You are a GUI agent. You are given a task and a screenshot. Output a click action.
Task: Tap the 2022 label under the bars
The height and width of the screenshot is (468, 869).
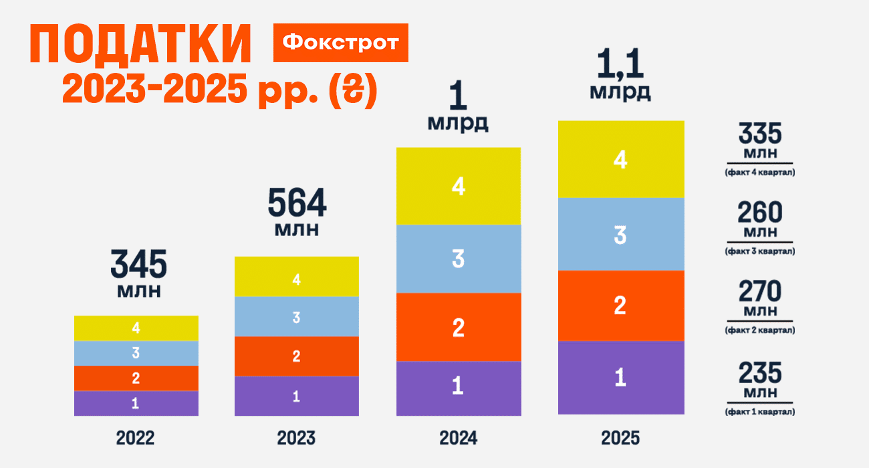point(136,439)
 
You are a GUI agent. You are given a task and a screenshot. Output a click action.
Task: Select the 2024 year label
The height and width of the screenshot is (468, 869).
point(458,439)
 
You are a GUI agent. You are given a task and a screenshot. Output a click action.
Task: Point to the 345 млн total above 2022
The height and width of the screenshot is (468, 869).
point(138,274)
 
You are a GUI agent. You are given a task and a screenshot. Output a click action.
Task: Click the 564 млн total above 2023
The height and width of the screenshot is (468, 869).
point(297,213)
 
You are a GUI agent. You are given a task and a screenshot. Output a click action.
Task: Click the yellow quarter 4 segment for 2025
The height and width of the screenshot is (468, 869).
point(620,159)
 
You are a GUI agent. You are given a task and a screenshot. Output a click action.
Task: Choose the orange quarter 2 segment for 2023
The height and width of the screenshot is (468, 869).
point(296,356)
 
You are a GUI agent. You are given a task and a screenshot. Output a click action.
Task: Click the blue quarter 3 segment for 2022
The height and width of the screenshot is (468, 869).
point(136,353)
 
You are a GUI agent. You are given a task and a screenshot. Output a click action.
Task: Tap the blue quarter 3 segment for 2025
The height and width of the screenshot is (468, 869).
point(620,234)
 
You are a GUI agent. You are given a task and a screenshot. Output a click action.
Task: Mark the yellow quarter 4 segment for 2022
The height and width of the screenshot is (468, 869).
point(136,328)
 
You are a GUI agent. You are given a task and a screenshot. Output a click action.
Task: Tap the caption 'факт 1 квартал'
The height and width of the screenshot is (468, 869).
point(759,412)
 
